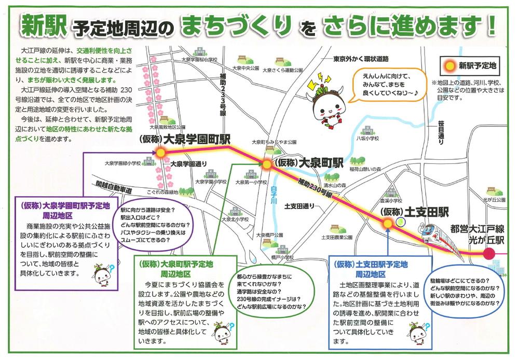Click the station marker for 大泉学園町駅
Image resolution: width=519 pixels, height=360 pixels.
(160, 153)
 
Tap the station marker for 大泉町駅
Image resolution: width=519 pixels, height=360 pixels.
(266, 164)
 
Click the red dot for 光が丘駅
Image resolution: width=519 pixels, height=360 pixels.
(487, 254)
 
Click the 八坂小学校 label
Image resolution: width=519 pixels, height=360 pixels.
(368, 139)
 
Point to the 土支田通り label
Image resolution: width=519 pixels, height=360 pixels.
(300, 206)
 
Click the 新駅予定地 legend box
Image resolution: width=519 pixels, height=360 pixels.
(470, 65)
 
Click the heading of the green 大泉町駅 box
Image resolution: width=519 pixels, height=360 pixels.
(180, 269)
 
